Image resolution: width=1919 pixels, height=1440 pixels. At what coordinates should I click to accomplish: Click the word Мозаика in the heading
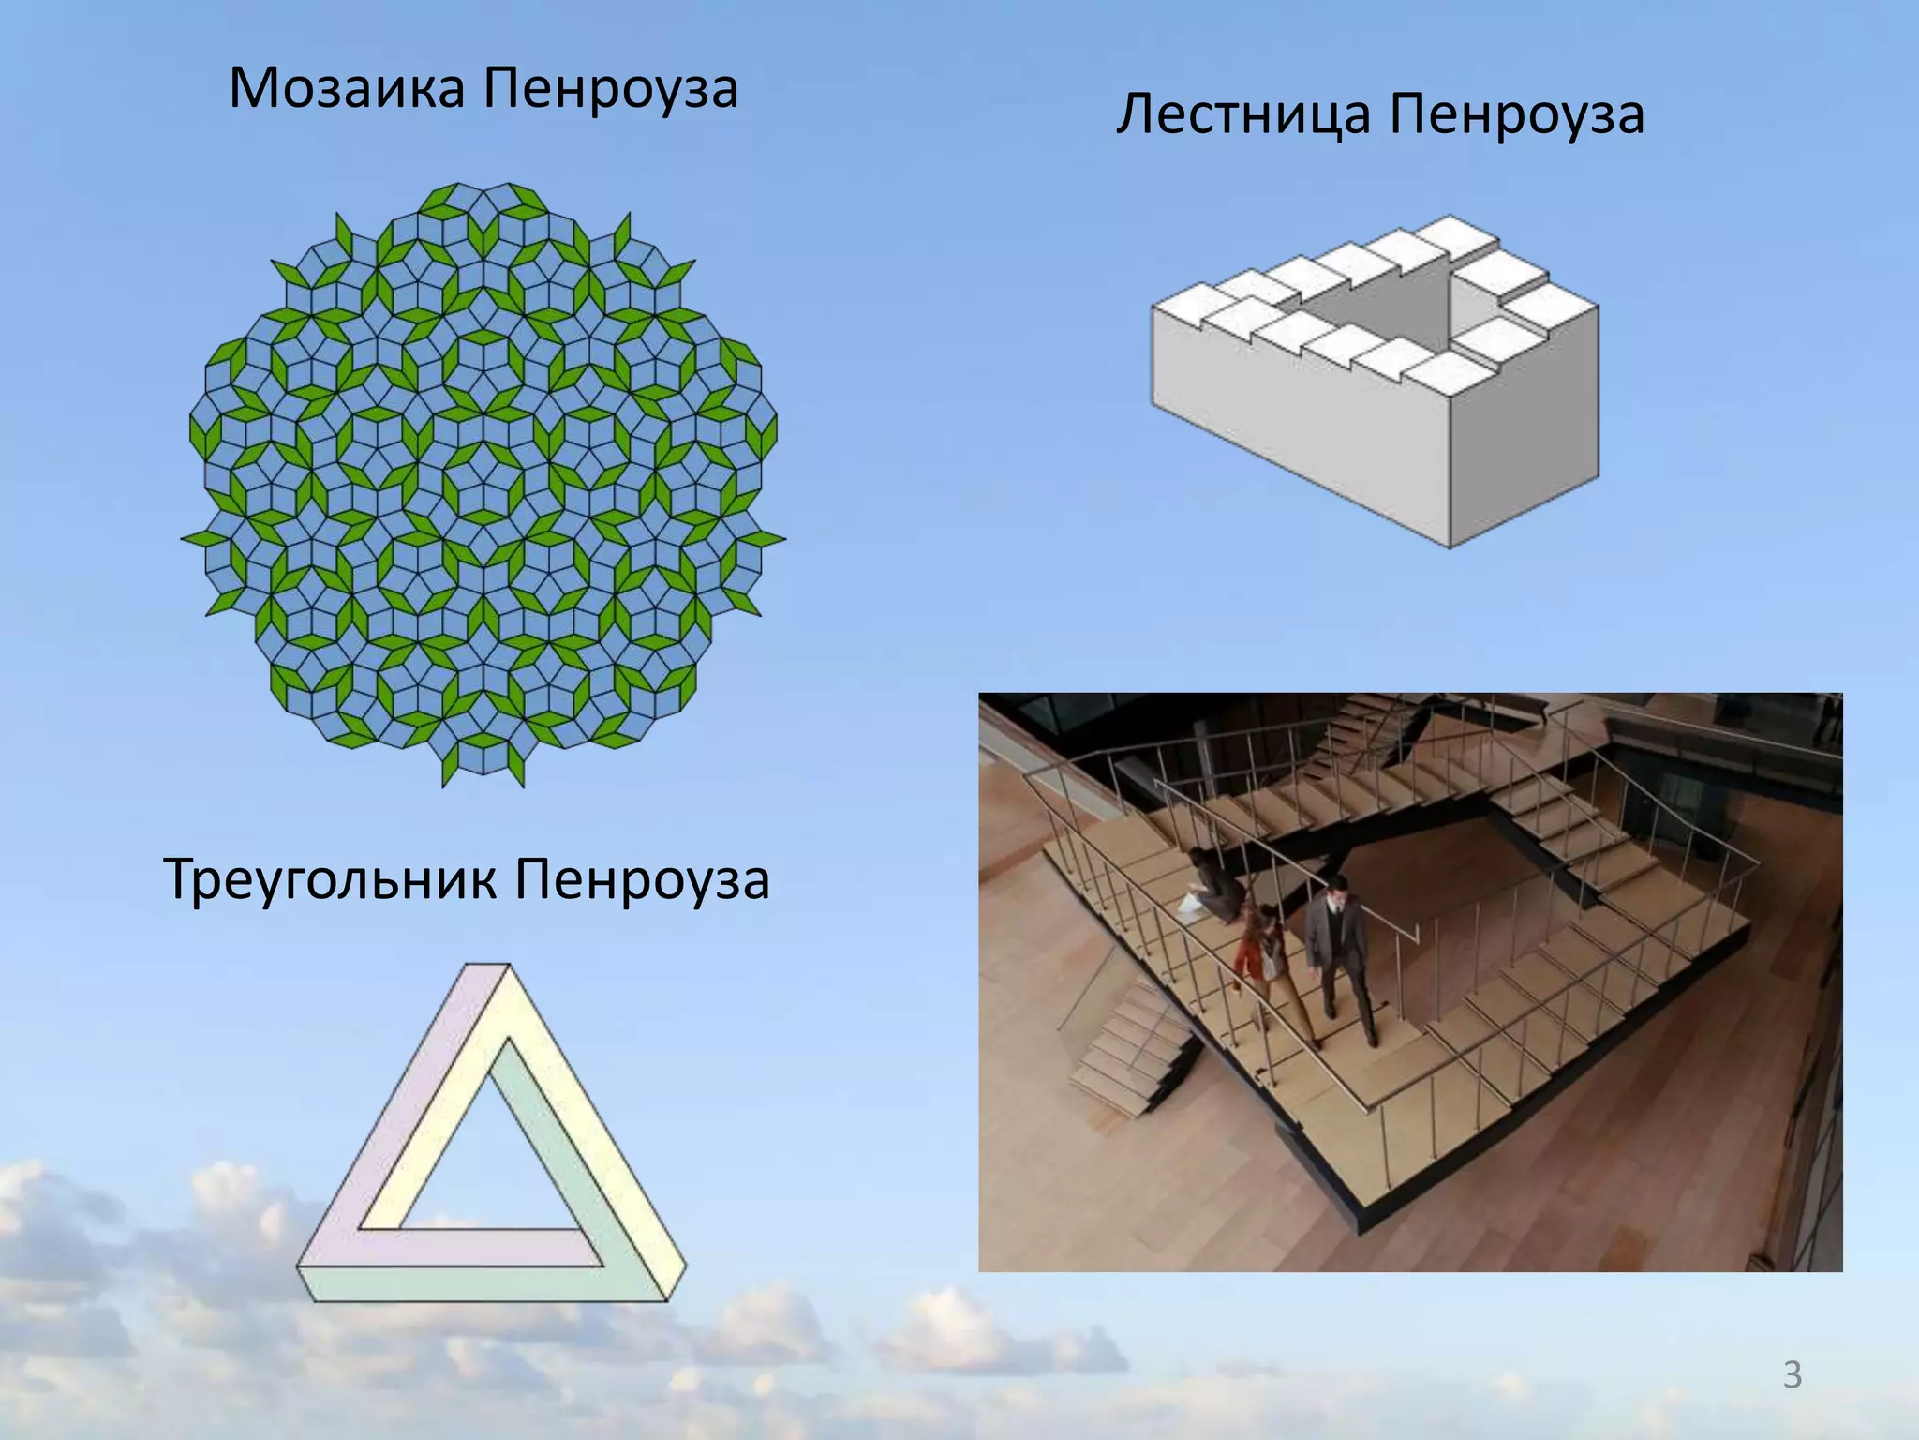pos(347,89)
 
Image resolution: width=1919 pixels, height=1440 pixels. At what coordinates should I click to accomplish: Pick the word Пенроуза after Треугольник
pos(642,880)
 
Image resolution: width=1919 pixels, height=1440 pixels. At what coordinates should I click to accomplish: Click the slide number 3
pos(1792,1375)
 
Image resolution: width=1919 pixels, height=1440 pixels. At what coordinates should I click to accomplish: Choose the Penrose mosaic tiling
pos(483,483)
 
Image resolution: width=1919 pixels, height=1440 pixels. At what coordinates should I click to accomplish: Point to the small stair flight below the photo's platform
pos(1124,1050)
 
